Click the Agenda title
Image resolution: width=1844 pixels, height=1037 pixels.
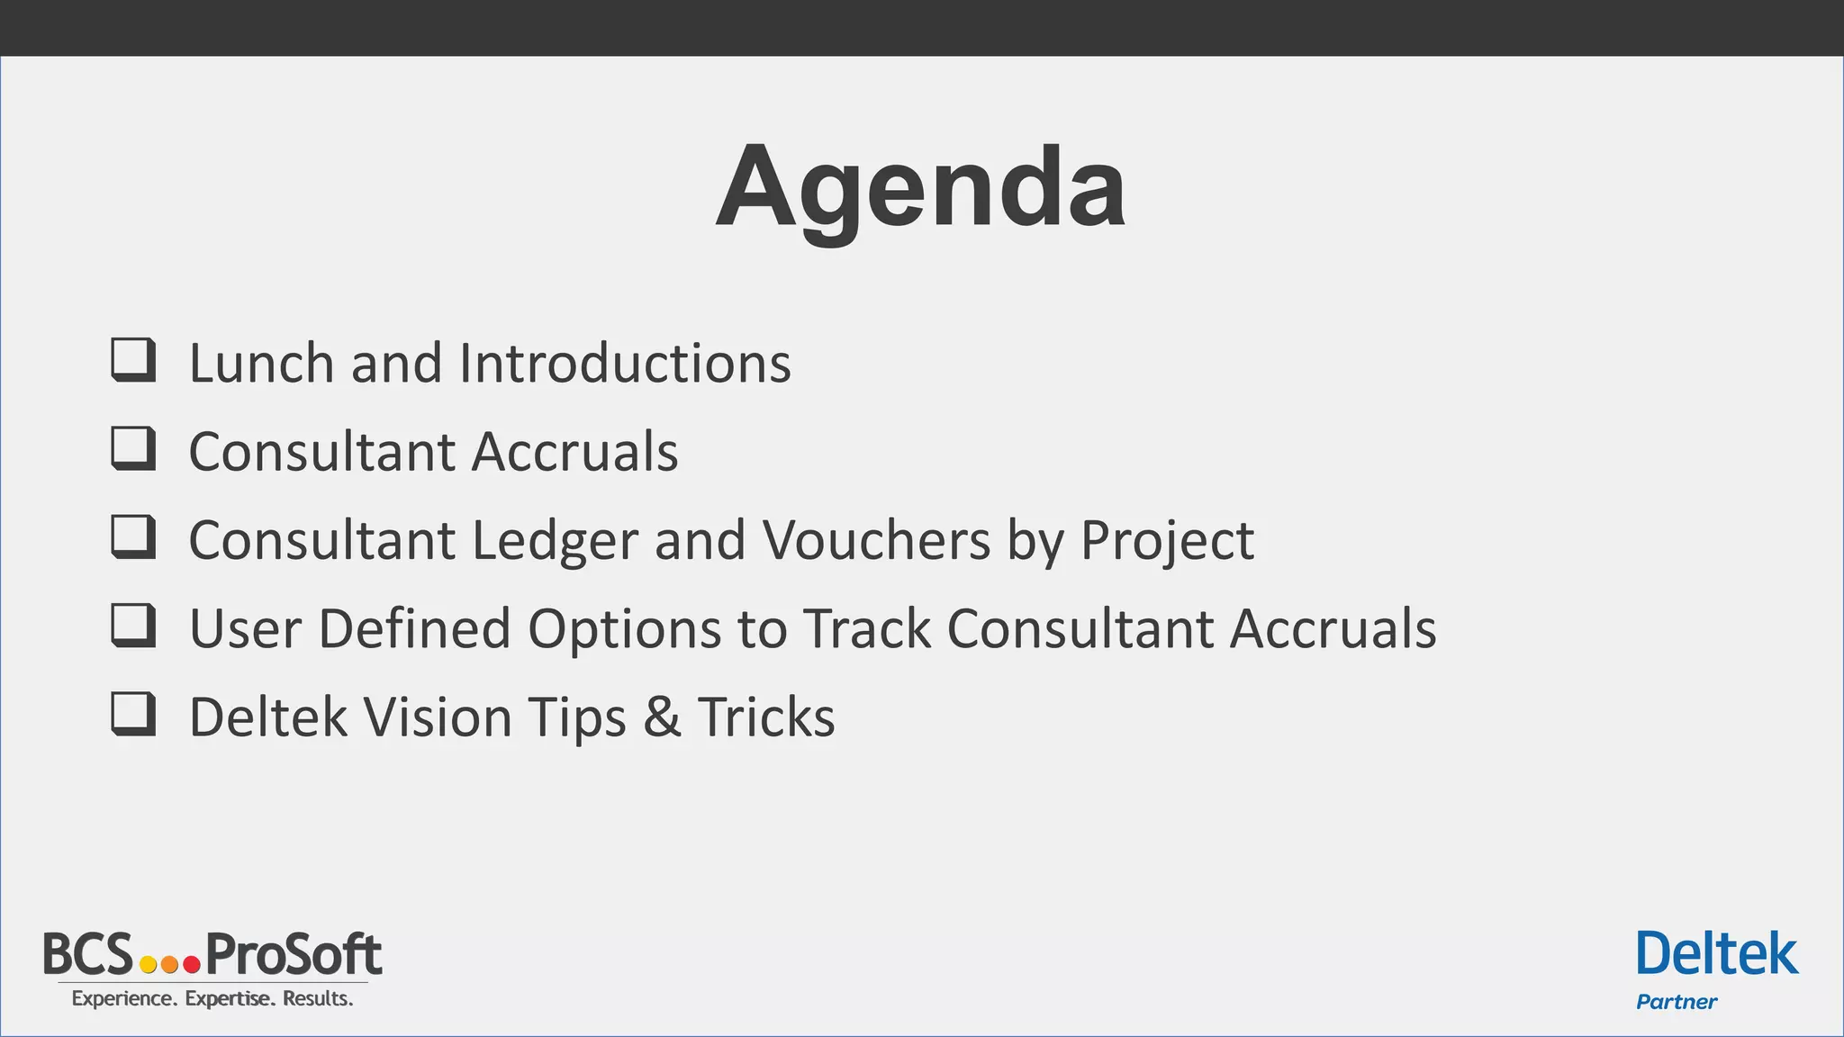[920, 189]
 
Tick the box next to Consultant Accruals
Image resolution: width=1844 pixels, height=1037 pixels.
[133, 448]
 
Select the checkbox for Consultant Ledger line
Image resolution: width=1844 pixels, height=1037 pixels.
[133, 537]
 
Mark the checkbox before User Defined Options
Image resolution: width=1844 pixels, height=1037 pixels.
[133, 625]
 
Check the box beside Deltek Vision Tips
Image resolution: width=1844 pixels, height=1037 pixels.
[133, 714]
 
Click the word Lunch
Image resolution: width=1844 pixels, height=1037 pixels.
[261, 364]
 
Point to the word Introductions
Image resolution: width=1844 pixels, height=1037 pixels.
[625, 364]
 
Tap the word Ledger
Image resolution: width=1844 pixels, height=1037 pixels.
[555, 541]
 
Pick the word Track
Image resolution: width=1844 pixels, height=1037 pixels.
[866, 629]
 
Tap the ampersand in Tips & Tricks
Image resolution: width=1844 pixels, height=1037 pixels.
[662, 718]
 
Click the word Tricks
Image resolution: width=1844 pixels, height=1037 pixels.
[766, 718]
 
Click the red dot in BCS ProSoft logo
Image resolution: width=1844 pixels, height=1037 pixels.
[191, 964]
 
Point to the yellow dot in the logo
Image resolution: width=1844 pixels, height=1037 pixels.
[149, 964]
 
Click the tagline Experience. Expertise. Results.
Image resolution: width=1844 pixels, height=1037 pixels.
[212, 998]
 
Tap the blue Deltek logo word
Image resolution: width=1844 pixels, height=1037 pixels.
[1716, 955]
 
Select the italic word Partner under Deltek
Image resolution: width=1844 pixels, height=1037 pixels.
[1676, 1002]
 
